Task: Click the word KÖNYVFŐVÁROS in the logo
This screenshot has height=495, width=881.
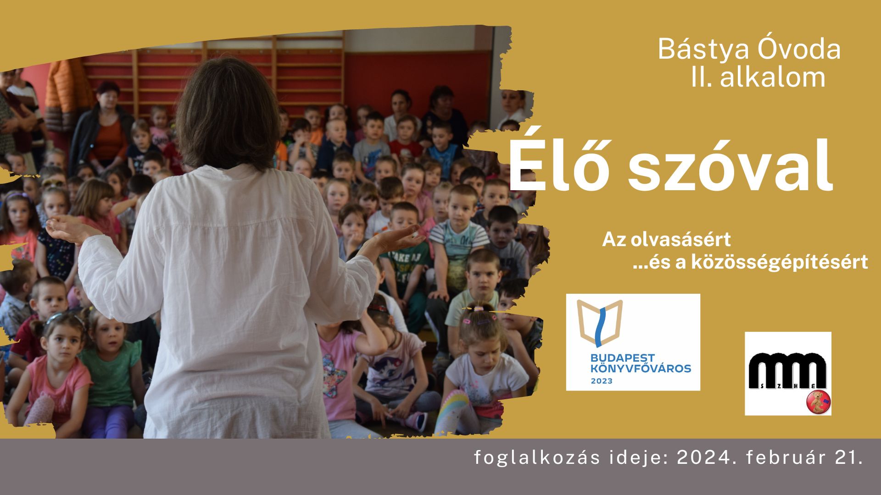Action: pos(641,368)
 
